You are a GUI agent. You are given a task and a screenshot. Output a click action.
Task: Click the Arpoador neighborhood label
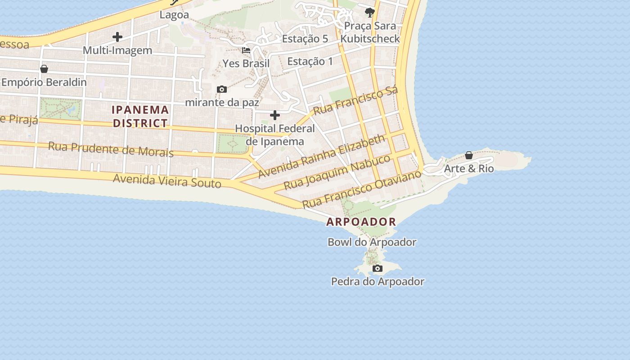(x=361, y=222)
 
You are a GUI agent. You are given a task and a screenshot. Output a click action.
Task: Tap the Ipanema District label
(x=140, y=116)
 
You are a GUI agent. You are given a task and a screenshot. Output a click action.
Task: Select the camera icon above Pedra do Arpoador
(x=378, y=269)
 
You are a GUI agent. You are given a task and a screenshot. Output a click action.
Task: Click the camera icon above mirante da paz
(x=222, y=90)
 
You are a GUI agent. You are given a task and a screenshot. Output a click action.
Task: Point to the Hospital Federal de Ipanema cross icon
(x=274, y=115)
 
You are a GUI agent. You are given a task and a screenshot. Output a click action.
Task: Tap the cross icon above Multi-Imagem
(x=117, y=37)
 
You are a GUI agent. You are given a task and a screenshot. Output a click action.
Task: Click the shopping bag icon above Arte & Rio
(x=469, y=156)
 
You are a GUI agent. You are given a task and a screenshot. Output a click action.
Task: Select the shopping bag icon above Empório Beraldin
(x=44, y=69)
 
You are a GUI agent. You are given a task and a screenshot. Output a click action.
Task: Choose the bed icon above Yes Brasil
(x=246, y=50)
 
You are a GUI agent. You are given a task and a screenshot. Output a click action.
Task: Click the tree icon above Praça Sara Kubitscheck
(x=370, y=12)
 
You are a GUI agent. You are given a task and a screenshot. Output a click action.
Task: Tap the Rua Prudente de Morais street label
(x=111, y=148)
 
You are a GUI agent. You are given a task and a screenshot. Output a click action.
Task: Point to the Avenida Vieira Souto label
(x=167, y=181)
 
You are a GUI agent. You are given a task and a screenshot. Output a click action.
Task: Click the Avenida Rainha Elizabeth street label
(x=322, y=156)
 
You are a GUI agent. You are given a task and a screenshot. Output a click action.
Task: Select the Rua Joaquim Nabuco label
(x=337, y=172)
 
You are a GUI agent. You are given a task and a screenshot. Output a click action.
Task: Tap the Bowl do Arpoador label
(x=372, y=242)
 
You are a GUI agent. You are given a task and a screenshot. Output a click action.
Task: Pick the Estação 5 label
(x=305, y=39)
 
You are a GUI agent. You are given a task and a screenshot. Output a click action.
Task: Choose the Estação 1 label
(x=310, y=61)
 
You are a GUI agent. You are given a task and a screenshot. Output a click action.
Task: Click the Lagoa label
(x=174, y=15)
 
